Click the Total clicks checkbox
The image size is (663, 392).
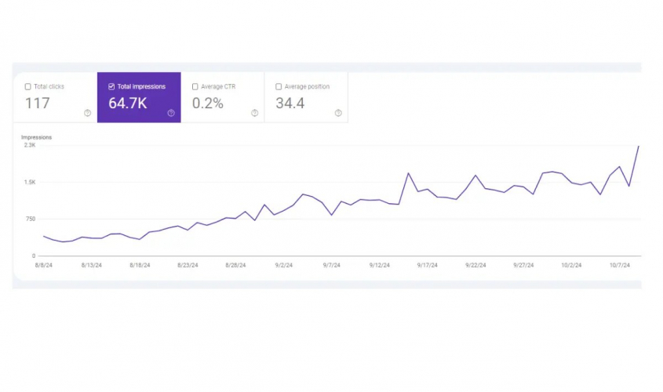28,87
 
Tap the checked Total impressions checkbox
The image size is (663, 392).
111,87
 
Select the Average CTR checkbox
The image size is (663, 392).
195,87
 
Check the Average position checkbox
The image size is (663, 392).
279,87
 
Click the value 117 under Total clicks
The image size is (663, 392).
37,103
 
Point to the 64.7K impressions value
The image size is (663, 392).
128,103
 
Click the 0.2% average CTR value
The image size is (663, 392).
208,103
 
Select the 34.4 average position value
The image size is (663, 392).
290,103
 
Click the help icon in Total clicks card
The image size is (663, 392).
87,113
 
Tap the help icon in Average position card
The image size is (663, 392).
338,113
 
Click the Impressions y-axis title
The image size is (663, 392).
36,137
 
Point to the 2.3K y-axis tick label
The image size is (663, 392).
30,145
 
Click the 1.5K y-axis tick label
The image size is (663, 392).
30,182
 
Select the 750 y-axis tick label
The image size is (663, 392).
31,219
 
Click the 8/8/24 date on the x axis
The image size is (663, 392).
43,265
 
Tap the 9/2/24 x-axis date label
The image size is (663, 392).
283,265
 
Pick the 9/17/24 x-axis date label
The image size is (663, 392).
428,265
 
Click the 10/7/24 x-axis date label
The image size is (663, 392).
620,265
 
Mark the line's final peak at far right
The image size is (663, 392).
639,147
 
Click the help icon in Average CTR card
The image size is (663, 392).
254,113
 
